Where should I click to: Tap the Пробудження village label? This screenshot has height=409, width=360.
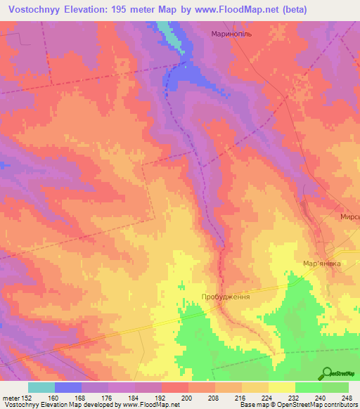(226, 297)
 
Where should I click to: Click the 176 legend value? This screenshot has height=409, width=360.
(106, 397)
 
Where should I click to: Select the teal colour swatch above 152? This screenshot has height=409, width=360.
(41, 387)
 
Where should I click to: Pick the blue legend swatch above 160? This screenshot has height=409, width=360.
(68, 387)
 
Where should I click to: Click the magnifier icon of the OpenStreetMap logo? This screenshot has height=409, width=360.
(327, 373)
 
